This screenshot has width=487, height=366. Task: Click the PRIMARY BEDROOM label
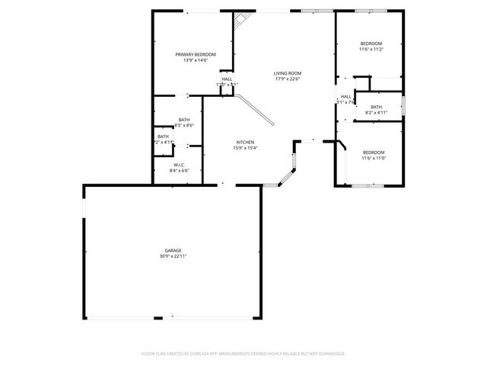[196, 54]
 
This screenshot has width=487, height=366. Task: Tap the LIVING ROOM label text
[288, 72]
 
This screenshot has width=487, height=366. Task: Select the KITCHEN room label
[244, 142]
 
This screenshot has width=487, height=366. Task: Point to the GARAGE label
[173, 250]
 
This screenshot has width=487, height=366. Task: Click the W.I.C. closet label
[179, 165]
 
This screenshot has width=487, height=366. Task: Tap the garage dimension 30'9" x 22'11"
[173, 256]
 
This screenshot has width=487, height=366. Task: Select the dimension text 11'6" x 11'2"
[371, 49]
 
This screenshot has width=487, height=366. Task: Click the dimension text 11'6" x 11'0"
[374, 158]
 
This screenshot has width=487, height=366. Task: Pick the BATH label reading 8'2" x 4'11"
[377, 107]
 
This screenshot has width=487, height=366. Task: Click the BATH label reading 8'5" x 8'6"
[184, 120]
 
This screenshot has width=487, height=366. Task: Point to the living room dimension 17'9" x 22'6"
[288, 79]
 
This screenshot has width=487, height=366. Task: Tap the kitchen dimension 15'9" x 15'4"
[244, 148]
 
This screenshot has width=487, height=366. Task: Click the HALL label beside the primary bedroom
[227, 79]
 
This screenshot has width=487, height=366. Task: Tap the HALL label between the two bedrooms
[346, 97]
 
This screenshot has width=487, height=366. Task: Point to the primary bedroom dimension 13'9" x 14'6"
[196, 60]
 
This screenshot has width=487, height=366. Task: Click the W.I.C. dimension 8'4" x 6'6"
[179, 171]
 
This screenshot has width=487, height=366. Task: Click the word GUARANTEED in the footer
[329, 354]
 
